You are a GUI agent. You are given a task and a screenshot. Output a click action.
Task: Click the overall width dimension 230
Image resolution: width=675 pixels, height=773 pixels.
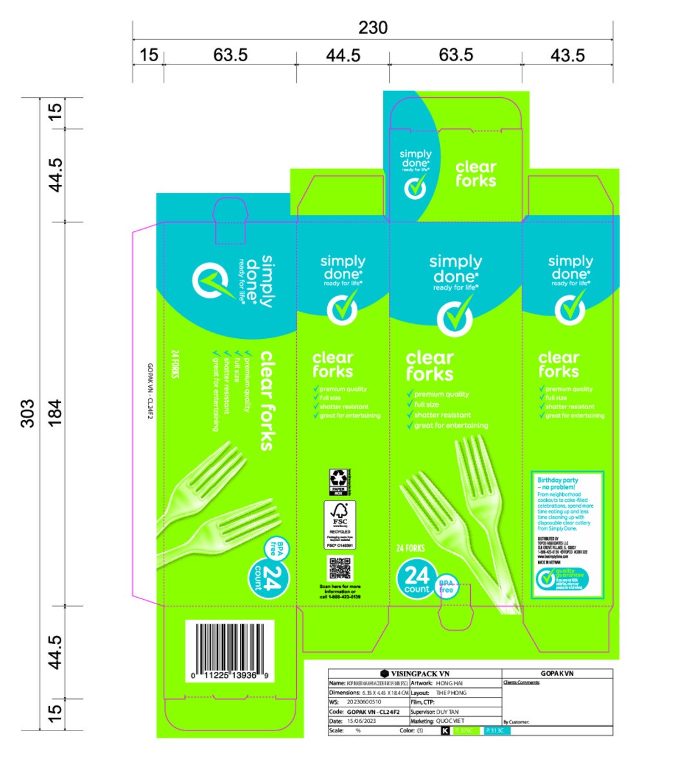[x=373, y=28]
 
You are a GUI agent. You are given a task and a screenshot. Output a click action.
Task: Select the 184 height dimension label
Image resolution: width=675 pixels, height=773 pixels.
[x=56, y=412]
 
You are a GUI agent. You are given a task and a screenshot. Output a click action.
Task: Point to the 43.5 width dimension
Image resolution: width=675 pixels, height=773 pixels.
[x=567, y=55]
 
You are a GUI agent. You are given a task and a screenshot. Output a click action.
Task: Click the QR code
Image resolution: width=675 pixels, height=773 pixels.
[x=340, y=569]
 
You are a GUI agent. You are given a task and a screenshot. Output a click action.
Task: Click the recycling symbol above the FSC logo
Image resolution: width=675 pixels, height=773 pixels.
[x=339, y=481]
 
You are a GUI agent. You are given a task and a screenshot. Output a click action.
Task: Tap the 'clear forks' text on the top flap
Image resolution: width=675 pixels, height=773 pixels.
[x=476, y=174]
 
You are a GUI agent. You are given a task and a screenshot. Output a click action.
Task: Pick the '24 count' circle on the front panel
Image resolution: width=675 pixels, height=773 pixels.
[x=417, y=578]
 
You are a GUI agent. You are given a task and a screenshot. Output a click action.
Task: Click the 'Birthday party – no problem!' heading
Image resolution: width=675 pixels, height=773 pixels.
[x=558, y=484]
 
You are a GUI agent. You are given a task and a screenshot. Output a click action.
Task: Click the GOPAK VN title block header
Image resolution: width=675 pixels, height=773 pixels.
[x=557, y=673]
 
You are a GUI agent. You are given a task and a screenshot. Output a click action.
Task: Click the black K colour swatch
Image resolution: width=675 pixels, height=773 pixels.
[x=444, y=731]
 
